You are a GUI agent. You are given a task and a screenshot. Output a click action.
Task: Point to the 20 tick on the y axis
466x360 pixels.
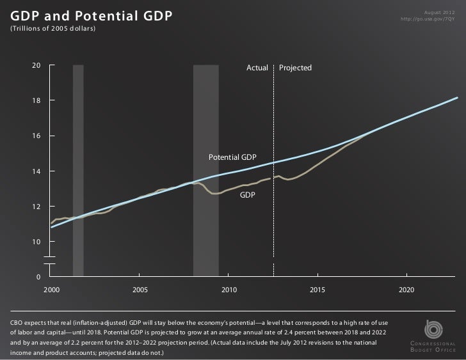coord(36,66)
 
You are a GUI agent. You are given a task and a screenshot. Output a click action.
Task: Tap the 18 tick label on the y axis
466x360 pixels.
coord(36,101)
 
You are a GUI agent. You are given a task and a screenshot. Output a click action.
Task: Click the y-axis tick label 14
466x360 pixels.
coord(36,171)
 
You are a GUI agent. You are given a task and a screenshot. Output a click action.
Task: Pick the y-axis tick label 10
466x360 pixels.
coord(36,242)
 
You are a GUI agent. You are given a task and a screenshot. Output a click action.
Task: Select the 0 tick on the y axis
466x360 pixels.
coord(38,277)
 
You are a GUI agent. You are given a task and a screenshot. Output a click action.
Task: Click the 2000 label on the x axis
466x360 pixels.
coord(51,290)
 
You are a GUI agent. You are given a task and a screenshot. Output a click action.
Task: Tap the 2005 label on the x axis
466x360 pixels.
coord(140,290)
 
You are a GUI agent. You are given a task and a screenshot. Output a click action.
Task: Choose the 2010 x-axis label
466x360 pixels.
coord(229,290)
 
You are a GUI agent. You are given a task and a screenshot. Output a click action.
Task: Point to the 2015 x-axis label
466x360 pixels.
coord(317,290)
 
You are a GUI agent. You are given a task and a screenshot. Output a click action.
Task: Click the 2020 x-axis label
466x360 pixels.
coord(406,290)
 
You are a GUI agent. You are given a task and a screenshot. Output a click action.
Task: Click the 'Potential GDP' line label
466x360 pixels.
coord(232,157)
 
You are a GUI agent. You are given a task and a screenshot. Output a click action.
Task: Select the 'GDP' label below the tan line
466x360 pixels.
coord(248,194)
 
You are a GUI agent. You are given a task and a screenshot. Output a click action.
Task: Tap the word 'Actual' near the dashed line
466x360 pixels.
coord(257,68)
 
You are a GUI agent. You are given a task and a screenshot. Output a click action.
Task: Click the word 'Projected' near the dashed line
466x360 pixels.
coord(295,68)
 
